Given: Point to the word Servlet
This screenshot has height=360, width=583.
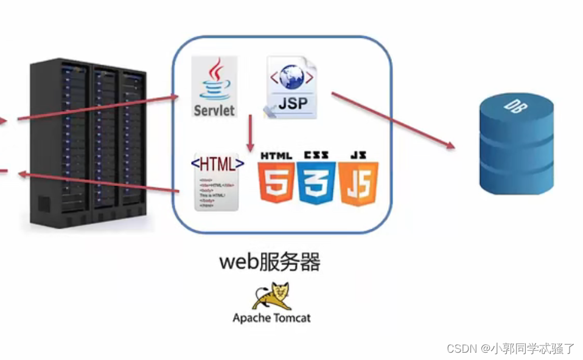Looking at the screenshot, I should click(214, 111).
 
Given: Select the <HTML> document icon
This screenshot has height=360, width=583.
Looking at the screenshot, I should click(217, 182).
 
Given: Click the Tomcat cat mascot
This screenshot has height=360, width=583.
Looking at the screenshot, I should click(271, 297).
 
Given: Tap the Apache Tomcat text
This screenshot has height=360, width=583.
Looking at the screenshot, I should click(271, 318).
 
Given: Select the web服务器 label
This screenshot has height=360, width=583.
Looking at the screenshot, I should click(270, 263).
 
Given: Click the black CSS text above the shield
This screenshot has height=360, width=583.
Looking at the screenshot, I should click(316, 156).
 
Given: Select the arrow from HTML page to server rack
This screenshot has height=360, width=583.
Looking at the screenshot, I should click(97, 182).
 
